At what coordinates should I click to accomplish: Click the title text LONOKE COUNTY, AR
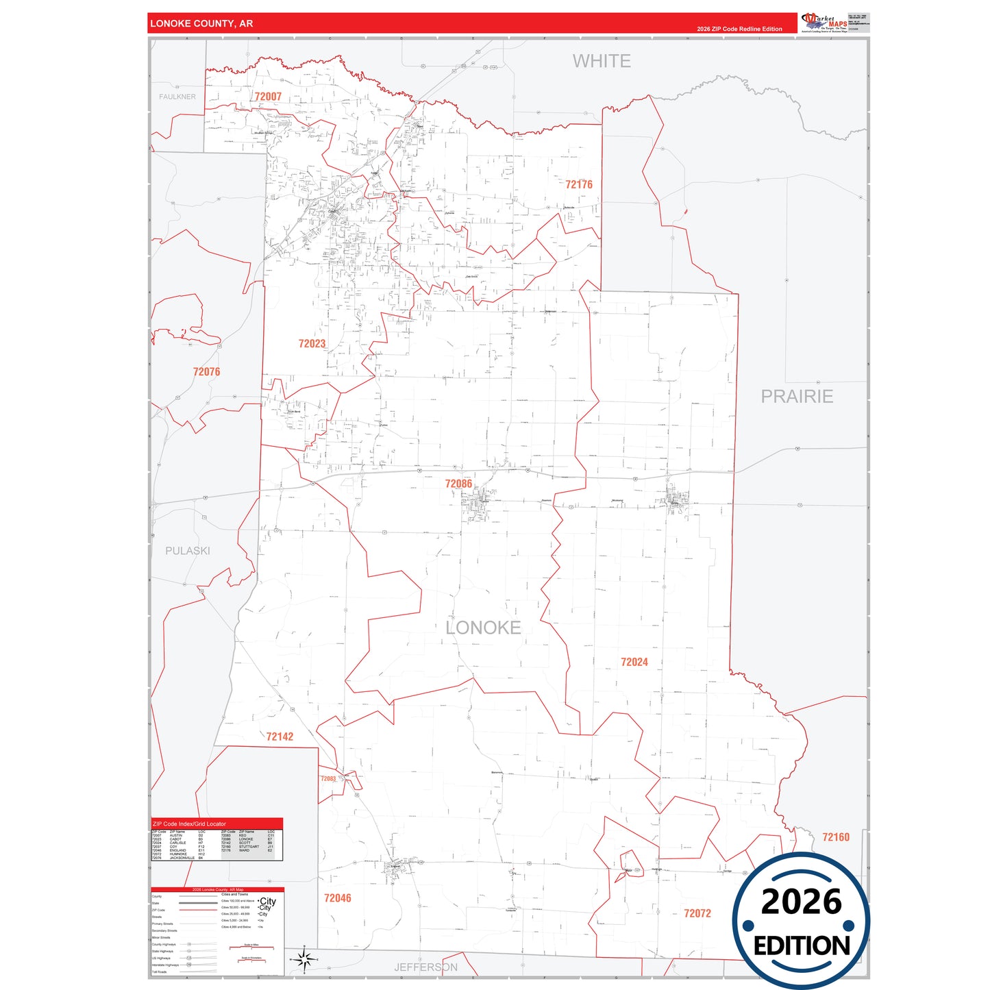[x=201, y=23]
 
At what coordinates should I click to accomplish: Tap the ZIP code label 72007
[x=268, y=97]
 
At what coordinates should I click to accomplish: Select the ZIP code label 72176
[x=579, y=184]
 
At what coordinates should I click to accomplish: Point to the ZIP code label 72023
[x=312, y=343]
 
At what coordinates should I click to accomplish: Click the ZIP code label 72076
[x=206, y=371]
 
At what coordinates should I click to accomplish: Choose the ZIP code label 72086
[x=458, y=484]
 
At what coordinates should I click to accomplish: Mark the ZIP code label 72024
[x=634, y=662]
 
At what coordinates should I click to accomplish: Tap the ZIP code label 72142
[x=280, y=737]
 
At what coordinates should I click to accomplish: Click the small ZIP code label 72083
[x=328, y=778]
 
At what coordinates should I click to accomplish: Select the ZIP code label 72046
[x=337, y=898]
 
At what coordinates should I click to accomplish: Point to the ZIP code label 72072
[x=697, y=913]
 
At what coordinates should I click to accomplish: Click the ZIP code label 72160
[x=835, y=837]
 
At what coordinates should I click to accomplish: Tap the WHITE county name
[x=602, y=61]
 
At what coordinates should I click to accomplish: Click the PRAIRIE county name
[x=797, y=396]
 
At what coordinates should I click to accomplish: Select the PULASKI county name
[x=188, y=550]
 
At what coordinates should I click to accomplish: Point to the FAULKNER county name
[x=177, y=97]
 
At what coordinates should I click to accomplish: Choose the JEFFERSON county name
[x=425, y=967]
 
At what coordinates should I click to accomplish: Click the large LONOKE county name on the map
[x=483, y=627]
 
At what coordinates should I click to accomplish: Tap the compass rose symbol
[x=306, y=959]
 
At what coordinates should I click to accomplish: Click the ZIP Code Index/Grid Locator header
[x=189, y=824]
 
